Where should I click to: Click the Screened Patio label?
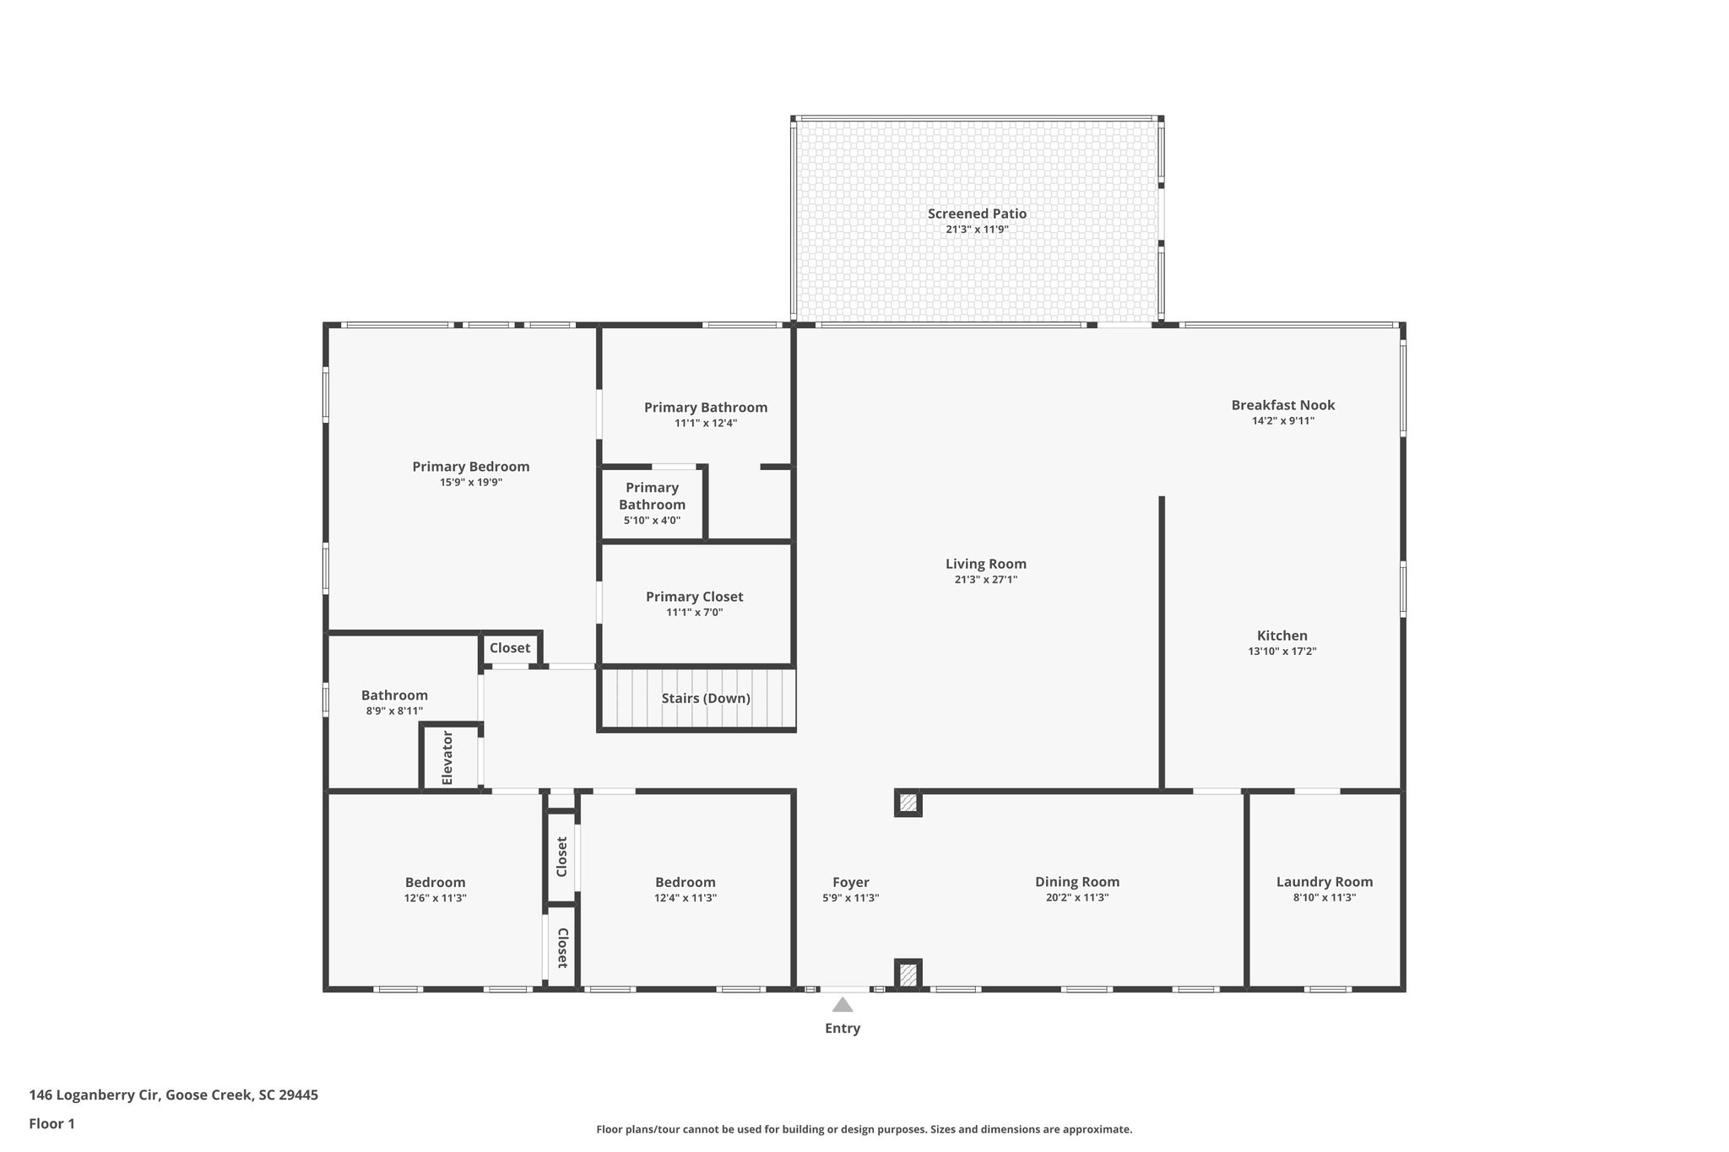977,214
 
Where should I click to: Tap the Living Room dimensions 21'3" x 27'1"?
985,580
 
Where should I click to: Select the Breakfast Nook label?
1282,405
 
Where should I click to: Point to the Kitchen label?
1282,635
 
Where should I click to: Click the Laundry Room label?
1324,882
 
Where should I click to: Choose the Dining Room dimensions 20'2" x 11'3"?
1076,898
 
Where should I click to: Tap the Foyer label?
850,883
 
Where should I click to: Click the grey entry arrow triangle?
843,1004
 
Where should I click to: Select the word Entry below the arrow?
843,1028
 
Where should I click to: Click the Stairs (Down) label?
705,698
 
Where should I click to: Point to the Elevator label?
447,758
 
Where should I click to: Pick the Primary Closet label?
694,597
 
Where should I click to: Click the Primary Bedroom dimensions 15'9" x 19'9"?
470,483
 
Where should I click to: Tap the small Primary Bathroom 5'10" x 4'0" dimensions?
652,521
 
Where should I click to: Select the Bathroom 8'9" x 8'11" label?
394,695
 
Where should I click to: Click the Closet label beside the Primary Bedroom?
510,647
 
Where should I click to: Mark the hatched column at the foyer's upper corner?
908,803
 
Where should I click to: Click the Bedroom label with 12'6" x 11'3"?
435,883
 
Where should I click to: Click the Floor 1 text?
51,1123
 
